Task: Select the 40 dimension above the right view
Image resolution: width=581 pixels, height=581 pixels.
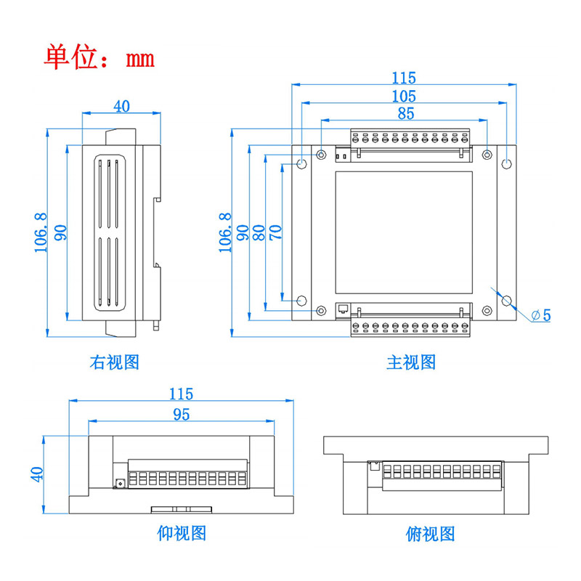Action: (121, 106)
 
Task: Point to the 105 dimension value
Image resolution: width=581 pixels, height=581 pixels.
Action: (404, 96)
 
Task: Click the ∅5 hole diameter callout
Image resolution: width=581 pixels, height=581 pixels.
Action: (541, 315)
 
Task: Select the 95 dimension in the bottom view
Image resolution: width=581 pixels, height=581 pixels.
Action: (181, 414)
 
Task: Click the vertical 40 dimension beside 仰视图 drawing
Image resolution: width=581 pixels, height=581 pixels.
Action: (38, 473)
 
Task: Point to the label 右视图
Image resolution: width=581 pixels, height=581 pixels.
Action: (114, 362)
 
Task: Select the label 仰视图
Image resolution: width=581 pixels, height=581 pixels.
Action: (182, 533)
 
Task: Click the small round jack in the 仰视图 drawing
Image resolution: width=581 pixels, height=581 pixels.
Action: (120, 482)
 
